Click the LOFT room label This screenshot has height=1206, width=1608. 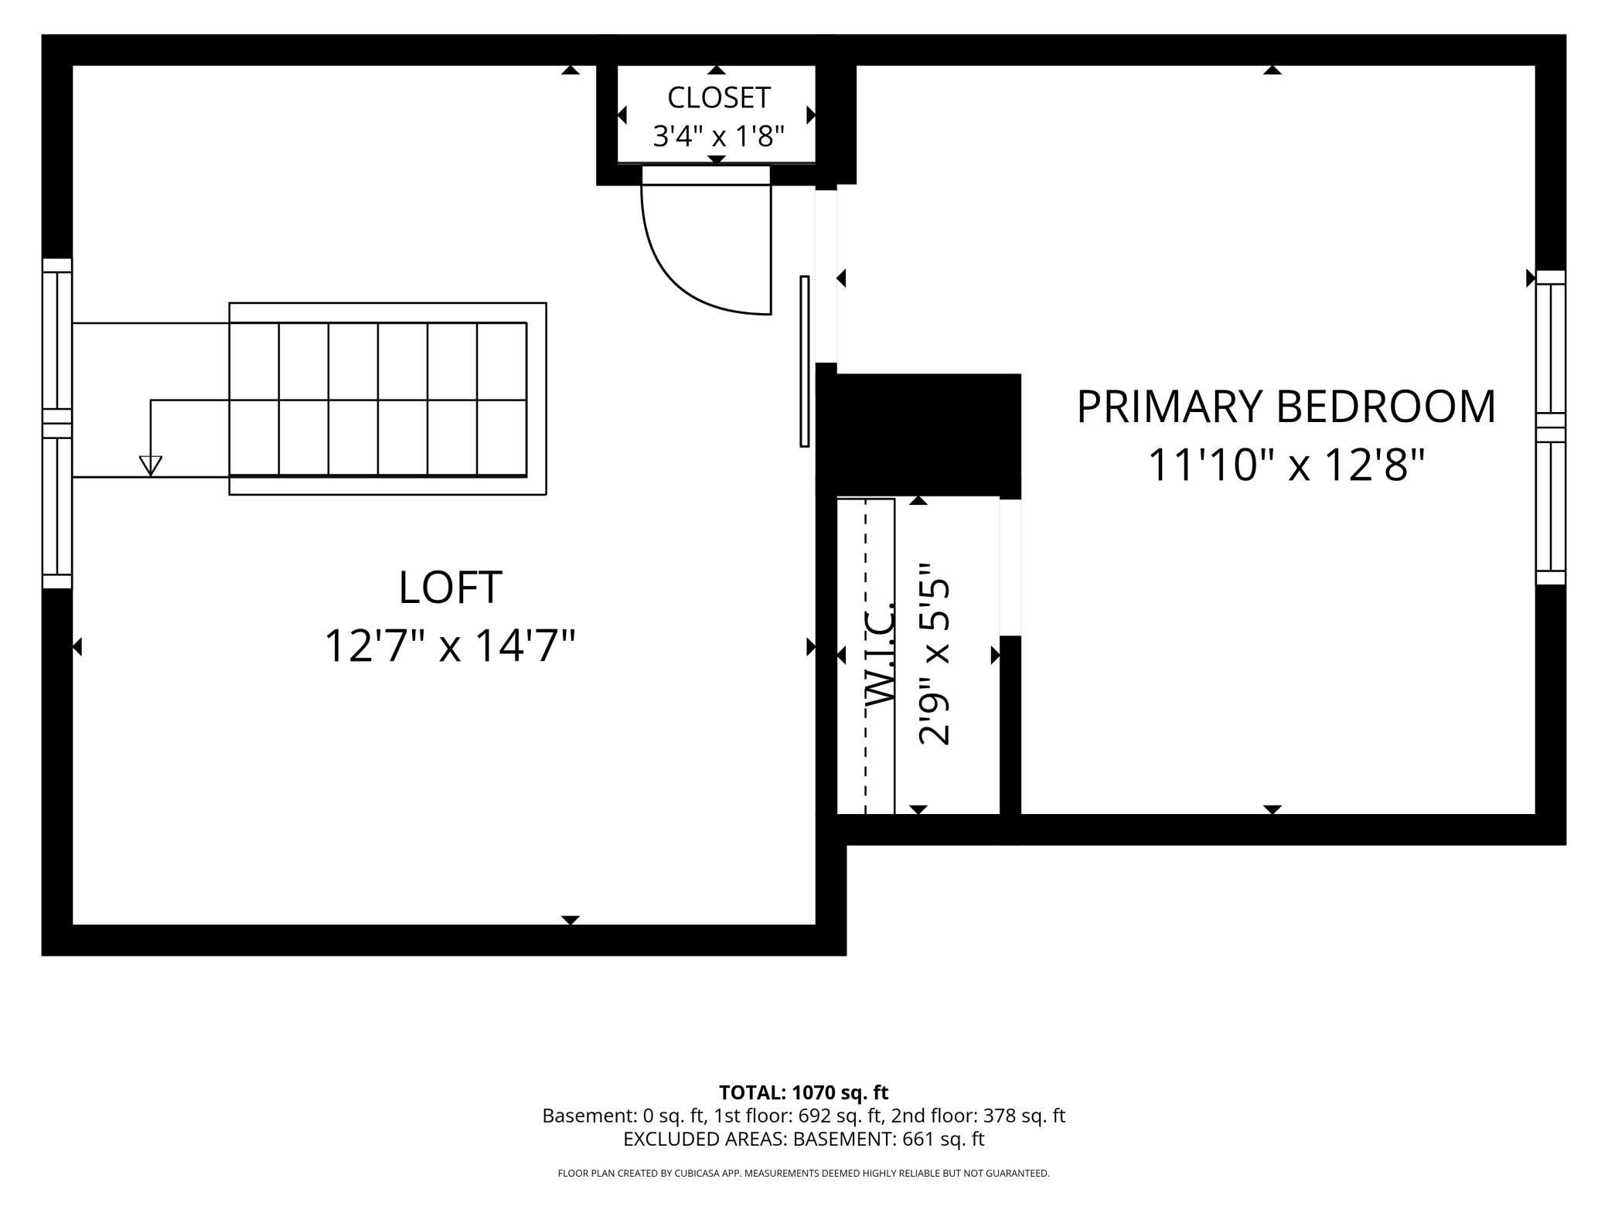(450, 588)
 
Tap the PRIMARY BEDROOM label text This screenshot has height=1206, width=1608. (1286, 407)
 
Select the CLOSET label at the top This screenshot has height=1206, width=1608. (718, 98)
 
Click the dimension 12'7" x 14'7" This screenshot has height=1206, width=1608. (450, 646)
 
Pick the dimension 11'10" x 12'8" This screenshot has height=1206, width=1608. (1286, 465)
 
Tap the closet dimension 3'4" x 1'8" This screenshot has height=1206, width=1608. (718, 137)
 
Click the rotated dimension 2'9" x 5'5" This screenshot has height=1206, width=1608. (933, 653)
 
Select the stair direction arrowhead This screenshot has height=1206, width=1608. (151, 465)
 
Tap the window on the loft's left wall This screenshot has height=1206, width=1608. (57, 424)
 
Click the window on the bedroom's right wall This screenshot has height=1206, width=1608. (1550, 428)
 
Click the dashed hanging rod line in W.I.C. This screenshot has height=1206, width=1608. (865, 656)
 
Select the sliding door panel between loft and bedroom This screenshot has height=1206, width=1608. (804, 361)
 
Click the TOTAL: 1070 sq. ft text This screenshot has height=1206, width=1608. (803, 1092)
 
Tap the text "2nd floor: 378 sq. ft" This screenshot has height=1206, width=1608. (978, 1116)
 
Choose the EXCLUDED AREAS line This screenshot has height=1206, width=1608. (803, 1139)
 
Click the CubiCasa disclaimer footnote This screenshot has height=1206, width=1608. (803, 1174)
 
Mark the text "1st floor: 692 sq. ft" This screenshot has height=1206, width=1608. (798, 1116)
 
